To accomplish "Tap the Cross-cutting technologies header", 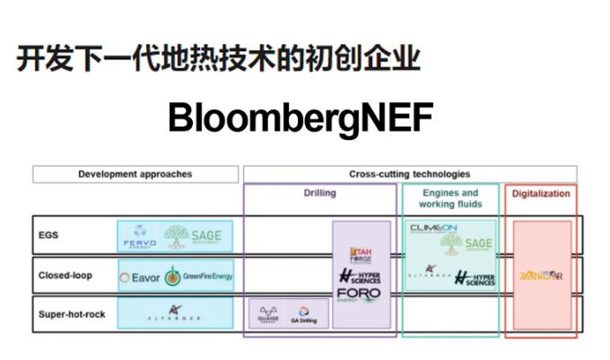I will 409,174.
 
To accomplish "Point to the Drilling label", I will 319,193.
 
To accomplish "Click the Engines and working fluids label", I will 450,198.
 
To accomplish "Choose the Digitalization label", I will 540,193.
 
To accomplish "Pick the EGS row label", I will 49,235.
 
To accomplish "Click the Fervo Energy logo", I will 139,235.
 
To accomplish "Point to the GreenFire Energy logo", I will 198,277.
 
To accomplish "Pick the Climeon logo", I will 434,229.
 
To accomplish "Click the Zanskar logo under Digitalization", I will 540,277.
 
